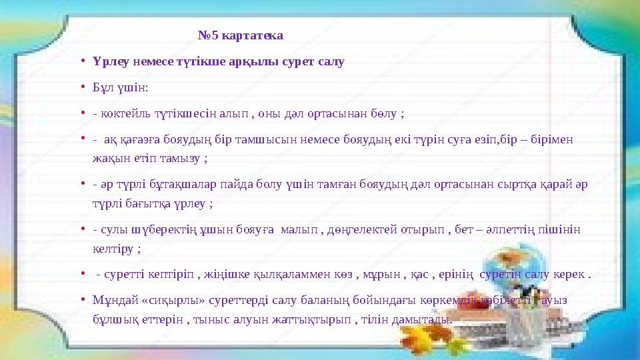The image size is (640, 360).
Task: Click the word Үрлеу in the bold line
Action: coord(111,62)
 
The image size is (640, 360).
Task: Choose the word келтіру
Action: coord(113,249)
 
